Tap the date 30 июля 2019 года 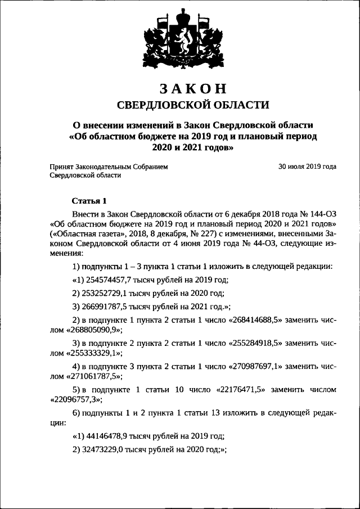tap(308, 167)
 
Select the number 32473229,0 tap(103, 450)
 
